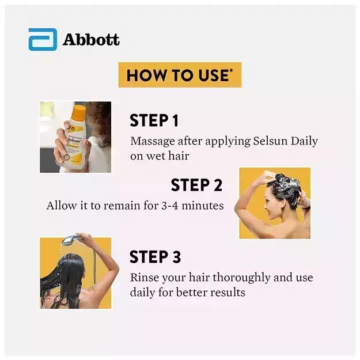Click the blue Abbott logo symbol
coord(43,40)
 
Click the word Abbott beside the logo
coord(91,40)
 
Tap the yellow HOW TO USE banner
coord(179,75)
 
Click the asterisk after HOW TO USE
coord(232,71)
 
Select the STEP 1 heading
coord(154,120)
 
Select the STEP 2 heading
coord(196,185)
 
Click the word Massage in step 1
coord(150,141)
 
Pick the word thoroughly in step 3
coord(238,278)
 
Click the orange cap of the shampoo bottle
coord(78,109)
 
